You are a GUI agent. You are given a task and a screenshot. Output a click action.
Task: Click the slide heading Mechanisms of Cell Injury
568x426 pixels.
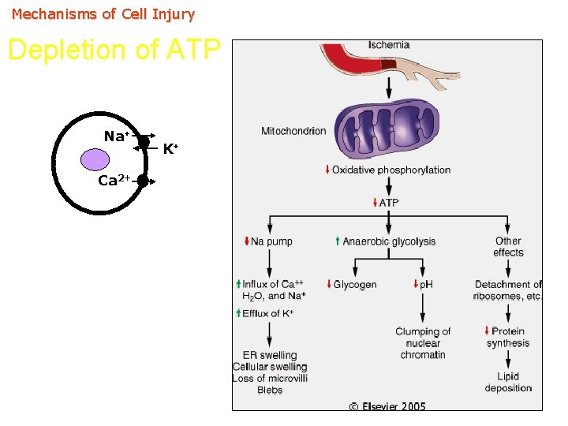coord(103,14)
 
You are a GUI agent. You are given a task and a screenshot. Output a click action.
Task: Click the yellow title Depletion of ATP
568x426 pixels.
coord(114,50)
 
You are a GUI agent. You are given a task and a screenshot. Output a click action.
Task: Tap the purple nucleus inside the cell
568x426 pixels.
coord(95,160)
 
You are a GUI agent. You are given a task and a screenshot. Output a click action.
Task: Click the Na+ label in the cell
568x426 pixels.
coord(116,137)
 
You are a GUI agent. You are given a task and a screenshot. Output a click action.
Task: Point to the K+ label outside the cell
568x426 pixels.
coord(170,148)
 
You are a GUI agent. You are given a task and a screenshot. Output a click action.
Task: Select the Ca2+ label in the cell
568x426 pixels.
coord(114,181)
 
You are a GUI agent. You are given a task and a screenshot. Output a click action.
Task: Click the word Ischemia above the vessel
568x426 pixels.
coord(389,45)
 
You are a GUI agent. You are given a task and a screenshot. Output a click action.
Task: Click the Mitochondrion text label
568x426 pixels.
coord(293,131)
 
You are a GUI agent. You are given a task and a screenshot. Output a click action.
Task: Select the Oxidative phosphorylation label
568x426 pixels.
coord(390,170)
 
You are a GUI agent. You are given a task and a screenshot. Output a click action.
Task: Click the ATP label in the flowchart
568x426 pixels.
coord(389,203)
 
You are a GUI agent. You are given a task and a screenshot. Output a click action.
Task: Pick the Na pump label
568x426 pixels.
coord(271,241)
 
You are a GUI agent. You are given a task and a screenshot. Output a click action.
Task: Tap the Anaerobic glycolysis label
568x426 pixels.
coord(388,241)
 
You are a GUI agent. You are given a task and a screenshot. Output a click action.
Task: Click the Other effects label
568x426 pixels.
coord(508,247)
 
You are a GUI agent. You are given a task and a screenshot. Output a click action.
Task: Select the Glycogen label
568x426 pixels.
coord(354,284)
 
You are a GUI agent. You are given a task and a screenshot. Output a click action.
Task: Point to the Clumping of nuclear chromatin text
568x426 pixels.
coord(423,343)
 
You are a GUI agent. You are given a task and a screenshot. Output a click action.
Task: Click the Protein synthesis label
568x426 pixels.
coord(507,337)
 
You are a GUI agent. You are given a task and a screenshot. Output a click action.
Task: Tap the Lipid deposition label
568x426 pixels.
coord(508,382)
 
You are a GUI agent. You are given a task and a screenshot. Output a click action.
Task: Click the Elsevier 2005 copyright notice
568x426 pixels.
coord(387,406)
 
